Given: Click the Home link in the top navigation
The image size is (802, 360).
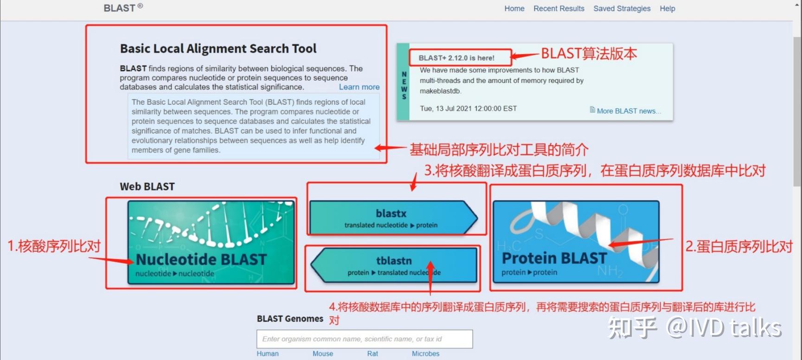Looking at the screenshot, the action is (x=514, y=8).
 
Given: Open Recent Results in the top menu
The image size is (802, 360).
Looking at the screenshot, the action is (x=559, y=8).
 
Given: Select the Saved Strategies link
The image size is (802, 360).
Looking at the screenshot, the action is (x=622, y=8).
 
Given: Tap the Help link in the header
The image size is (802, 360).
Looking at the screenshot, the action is (x=667, y=8).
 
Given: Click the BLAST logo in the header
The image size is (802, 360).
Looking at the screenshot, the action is (x=123, y=8).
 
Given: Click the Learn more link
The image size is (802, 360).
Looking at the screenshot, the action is (x=359, y=87).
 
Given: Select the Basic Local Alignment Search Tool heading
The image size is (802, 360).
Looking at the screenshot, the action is (x=218, y=49).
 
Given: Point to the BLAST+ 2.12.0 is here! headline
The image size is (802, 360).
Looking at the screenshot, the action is (x=456, y=58).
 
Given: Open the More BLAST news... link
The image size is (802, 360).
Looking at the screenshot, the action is (x=629, y=111).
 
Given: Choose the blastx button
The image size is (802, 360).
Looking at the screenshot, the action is (x=393, y=218).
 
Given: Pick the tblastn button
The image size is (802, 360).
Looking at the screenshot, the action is (x=393, y=265).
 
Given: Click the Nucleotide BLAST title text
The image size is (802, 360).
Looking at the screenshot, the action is (x=201, y=259).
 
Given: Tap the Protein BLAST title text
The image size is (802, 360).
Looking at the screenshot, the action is (x=554, y=258).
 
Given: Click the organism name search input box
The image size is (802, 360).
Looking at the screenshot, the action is (x=365, y=339).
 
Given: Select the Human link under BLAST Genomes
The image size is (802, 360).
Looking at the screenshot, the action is (x=268, y=354).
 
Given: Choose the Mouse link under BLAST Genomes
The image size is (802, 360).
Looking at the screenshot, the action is (x=323, y=354).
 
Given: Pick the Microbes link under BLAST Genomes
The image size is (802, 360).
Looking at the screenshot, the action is (x=425, y=354).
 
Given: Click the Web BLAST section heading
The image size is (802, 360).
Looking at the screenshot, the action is (x=147, y=186).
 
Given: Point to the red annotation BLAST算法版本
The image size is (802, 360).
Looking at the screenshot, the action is (x=589, y=54).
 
